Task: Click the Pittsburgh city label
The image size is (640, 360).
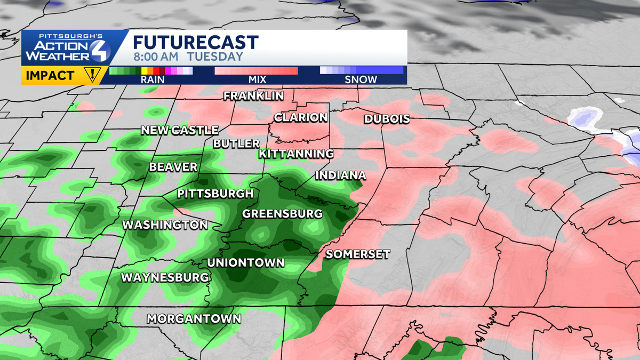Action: [x=215, y=193]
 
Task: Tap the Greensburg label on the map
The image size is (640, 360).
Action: [x=282, y=214]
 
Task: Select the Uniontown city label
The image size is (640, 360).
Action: [x=245, y=262]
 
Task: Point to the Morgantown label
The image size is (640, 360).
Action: [x=194, y=319]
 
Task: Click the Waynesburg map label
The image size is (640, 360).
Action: [x=164, y=277]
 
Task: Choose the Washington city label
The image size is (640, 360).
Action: [x=165, y=225]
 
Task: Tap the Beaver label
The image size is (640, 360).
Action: [x=173, y=167]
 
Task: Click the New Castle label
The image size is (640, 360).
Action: [x=180, y=130]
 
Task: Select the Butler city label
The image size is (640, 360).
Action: [x=236, y=143]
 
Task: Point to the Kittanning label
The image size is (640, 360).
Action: [x=296, y=154]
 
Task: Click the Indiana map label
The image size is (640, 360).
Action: [x=340, y=175]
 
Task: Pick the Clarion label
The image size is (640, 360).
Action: [x=301, y=117]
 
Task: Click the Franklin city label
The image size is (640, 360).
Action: [x=253, y=96]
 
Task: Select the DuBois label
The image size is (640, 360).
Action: [x=387, y=119]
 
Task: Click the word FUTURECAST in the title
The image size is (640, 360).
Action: [x=195, y=42]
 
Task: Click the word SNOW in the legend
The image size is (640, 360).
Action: [x=361, y=79]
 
